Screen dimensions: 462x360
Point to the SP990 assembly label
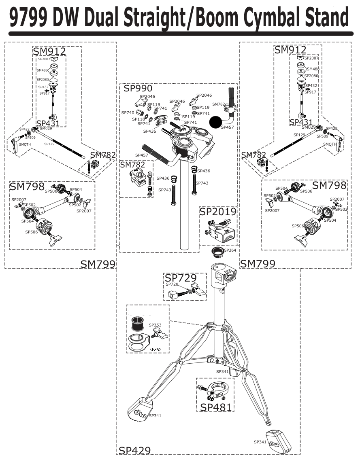tap(138, 89)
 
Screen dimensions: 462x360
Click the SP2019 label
tap(217, 212)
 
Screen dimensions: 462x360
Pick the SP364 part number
tap(230, 250)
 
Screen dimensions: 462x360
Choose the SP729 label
tap(181, 278)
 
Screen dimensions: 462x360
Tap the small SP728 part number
tap(172, 284)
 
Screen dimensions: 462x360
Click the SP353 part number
tap(155, 325)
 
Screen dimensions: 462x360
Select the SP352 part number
tap(156, 350)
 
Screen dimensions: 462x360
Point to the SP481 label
tap(215, 407)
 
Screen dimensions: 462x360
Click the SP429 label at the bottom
tap(134, 450)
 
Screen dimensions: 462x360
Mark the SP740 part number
tap(128, 112)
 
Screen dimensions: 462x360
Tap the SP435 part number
tap(149, 131)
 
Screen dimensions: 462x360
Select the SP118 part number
tap(138, 119)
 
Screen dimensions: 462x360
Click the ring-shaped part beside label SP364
tap(217, 253)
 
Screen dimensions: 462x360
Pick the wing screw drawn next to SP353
tap(160, 334)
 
